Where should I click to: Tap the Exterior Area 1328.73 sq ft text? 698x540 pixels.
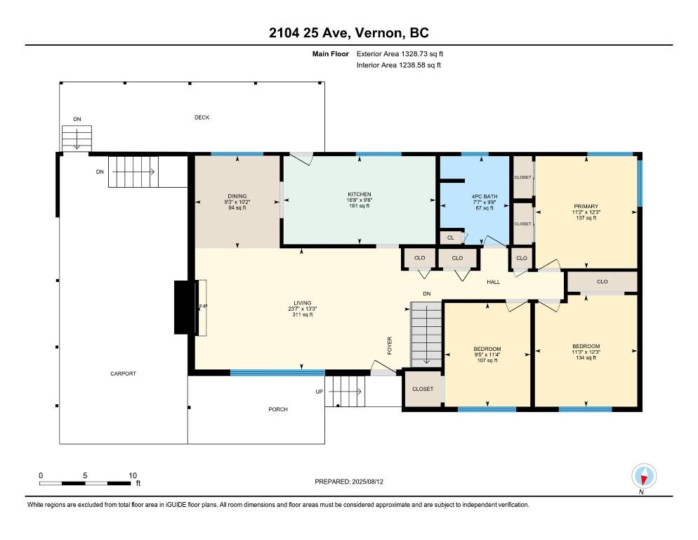click(x=400, y=54)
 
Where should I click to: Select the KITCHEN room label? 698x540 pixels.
click(x=360, y=195)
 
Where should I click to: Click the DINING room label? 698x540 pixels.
click(x=237, y=196)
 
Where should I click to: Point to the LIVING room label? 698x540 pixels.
click(x=302, y=303)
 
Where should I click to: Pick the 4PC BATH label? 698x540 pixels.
click(x=485, y=197)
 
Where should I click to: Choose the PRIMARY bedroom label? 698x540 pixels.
click(x=586, y=207)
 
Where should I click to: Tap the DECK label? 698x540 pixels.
click(x=202, y=117)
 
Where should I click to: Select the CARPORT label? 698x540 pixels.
click(x=124, y=373)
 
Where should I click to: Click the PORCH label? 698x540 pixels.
click(x=278, y=409)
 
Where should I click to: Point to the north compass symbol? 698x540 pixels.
click(x=644, y=477)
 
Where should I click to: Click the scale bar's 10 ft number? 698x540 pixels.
click(x=133, y=476)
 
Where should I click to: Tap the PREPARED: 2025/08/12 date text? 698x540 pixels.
click(x=349, y=482)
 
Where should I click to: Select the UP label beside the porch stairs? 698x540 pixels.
click(x=320, y=392)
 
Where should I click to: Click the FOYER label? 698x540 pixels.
click(x=390, y=345)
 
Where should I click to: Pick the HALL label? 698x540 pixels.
click(x=493, y=282)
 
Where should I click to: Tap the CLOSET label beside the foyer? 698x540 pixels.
click(x=423, y=390)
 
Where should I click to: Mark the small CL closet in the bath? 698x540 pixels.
click(x=451, y=238)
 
